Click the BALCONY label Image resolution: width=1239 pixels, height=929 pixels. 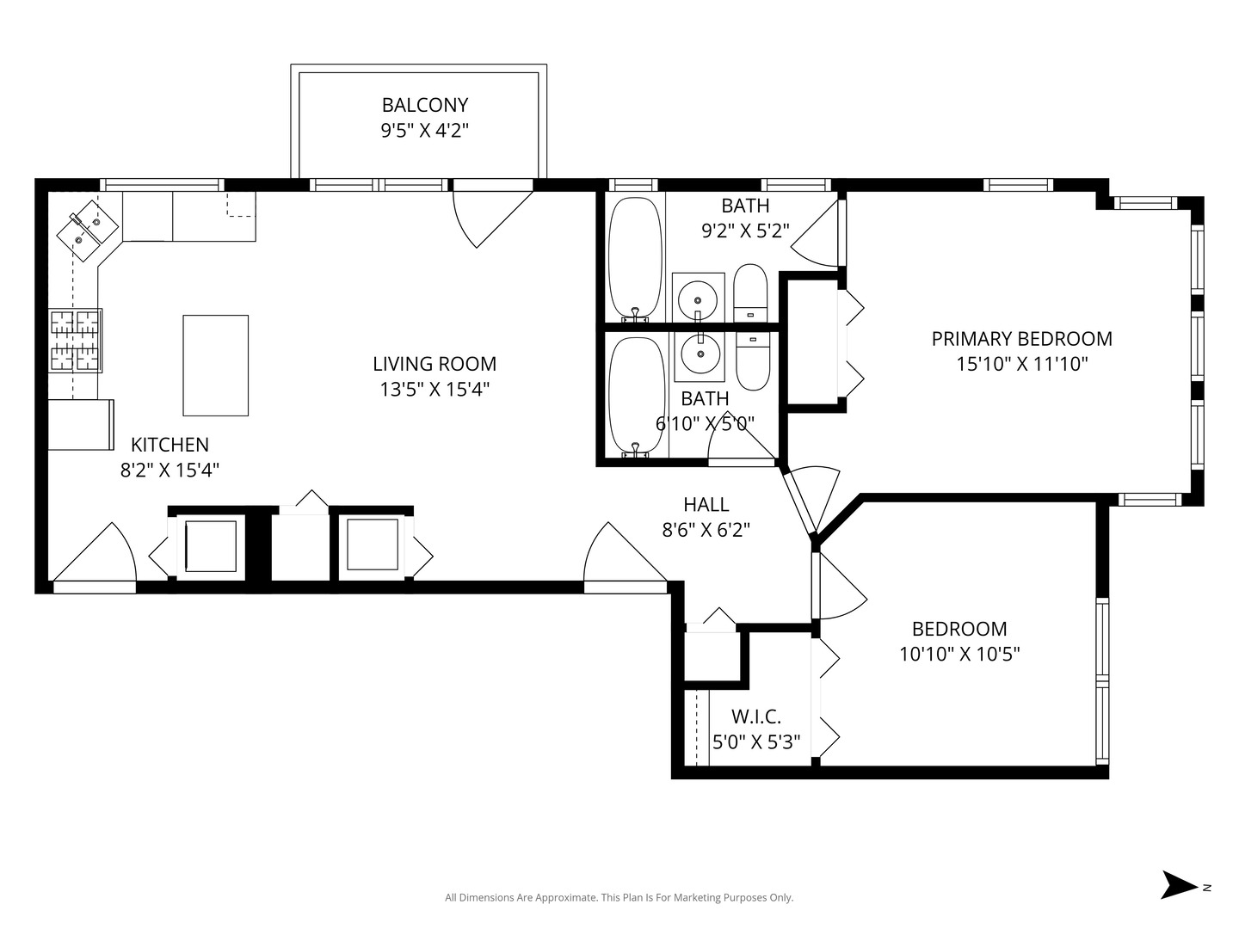tap(424, 105)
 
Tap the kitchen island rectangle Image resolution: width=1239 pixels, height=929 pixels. tap(216, 366)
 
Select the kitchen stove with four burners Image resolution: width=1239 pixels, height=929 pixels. tap(75, 340)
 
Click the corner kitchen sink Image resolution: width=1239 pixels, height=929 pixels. tap(87, 231)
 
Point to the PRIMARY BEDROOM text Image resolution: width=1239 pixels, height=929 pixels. tap(1021, 339)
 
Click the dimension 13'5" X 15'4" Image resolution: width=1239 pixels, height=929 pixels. tap(434, 389)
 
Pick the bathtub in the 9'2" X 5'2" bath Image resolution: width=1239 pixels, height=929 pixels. tap(634, 258)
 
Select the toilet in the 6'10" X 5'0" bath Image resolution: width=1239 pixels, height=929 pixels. tap(752, 361)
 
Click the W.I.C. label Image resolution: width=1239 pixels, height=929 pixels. tap(755, 717)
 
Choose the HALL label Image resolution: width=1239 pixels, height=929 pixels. tap(706, 504)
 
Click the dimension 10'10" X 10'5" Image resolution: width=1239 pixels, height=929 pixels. tap(959, 655)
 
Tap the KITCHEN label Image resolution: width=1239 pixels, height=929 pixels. tap(170, 445)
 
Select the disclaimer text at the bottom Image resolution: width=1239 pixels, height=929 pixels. tap(619, 897)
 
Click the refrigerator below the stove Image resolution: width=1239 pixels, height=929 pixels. tap(81, 425)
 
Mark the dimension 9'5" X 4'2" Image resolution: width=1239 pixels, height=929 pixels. tap(424, 130)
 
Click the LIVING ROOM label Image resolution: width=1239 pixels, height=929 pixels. tap(434, 364)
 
